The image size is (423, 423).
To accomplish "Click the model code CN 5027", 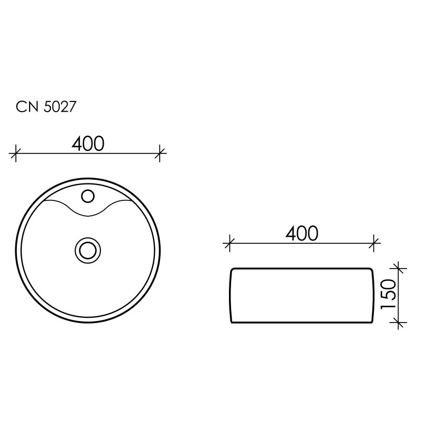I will click(47, 107).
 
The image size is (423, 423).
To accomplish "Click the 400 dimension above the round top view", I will click(88, 143).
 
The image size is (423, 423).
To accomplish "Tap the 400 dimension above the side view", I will click(302, 233).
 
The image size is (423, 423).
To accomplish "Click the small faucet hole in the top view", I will click(88, 197).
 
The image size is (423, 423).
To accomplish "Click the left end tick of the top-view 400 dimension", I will click(16, 154).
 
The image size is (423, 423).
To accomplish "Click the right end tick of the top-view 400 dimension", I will click(160, 154).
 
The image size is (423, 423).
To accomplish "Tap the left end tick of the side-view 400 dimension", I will click(229, 243).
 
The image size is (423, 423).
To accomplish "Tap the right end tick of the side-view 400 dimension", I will click(374, 243).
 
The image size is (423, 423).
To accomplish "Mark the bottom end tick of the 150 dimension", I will click(399, 322).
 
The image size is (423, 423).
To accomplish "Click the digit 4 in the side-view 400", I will click(291, 233).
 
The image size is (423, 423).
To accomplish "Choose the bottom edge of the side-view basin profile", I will click(302, 322).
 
